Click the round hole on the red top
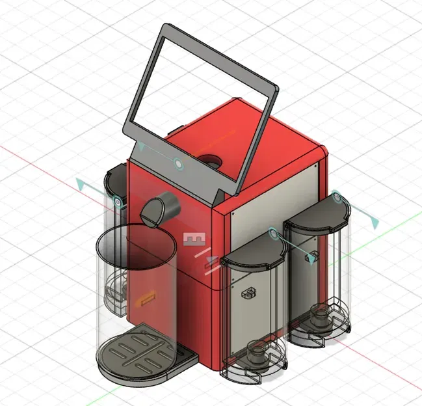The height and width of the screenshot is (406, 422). tap(210, 159)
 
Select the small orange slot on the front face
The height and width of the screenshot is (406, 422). tap(146, 299)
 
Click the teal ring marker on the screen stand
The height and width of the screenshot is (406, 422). tap(179, 163)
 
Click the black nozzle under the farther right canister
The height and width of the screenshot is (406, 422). tap(321, 316)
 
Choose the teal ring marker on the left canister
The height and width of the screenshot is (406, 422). tap(118, 203)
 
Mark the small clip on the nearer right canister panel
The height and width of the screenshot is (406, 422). tap(249, 293)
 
